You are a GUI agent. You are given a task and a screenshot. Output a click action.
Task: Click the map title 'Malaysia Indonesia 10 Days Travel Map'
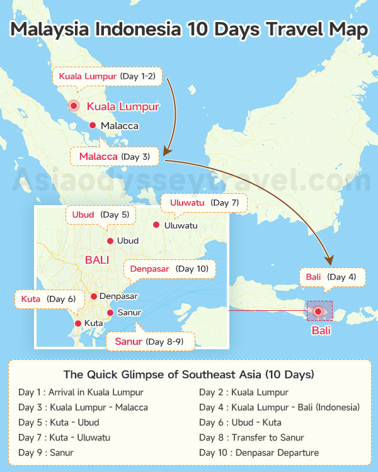pyautogui.click(x=189, y=30)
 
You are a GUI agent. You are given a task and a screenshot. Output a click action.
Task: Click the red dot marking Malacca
pyautogui.click(x=93, y=126)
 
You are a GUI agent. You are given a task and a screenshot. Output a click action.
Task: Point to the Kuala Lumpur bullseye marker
pyautogui.click(x=74, y=106)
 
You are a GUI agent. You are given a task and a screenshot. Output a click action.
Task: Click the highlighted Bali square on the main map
pyautogui.click(x=319, y=311)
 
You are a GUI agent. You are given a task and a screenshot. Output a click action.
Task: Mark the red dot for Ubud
pyautogui.click(x=110, y=241)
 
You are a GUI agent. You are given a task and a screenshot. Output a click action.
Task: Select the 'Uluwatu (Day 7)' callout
pyautogui.click(x=204, y=203)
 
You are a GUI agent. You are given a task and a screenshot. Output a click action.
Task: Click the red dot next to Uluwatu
pyautogui.click(x=156, y=225)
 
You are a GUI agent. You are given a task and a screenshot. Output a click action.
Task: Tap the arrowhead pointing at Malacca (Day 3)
pyautogui.click(x=166, y=152)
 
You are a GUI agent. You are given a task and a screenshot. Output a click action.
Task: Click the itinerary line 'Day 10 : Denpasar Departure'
pyautogui.click(x=259, y=452)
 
